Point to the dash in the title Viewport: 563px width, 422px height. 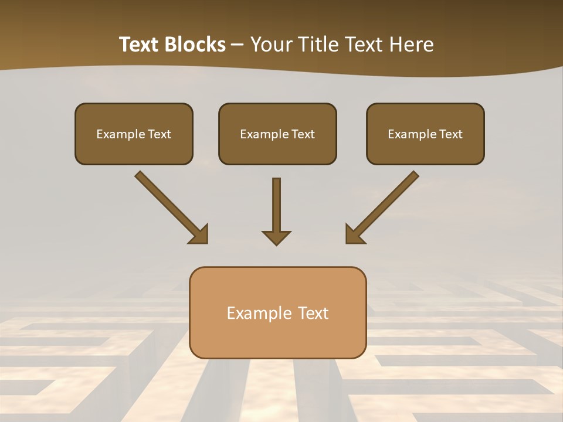point(238,45)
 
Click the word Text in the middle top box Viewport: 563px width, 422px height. point(303,134)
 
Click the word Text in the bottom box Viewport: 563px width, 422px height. point(314,313)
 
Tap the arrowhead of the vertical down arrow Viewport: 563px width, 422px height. point(276,237)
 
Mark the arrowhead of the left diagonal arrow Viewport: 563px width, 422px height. point(199,234)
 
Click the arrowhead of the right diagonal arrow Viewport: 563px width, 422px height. point(354,234)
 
